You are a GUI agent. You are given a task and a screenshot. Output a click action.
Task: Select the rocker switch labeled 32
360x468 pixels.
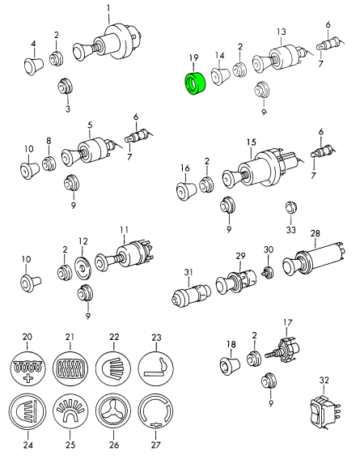[x=325, y=411]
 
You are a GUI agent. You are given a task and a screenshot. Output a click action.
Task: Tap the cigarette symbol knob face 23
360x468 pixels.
[x=156, y=368]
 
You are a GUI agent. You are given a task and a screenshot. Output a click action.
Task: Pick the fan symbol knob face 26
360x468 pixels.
[x=113, y=411]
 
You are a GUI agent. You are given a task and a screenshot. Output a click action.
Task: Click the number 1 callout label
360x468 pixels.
[x=108, y=7]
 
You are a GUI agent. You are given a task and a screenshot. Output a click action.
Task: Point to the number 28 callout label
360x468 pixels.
[x=316, y=233]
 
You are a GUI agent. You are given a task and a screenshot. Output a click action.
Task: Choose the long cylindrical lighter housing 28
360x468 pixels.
[x=314, y=260]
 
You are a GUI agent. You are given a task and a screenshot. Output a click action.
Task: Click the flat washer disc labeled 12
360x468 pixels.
[x=83, y=267]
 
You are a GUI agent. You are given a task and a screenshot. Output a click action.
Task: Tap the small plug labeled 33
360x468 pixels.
[x=290, y=208]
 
